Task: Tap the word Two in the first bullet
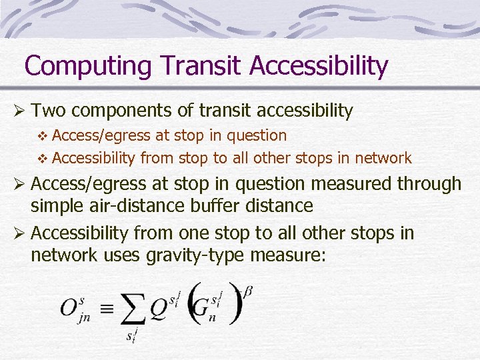pyautogui.click(x=47, y=111)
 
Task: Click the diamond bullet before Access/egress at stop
pyautogui.click(x=43, y=136)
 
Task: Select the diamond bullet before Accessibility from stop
pyautogui.click(x=43, y=159)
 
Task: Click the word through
pyautogui.click(x=429, y=183)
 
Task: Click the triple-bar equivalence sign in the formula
pyautogui.click(x=109, y=309)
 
